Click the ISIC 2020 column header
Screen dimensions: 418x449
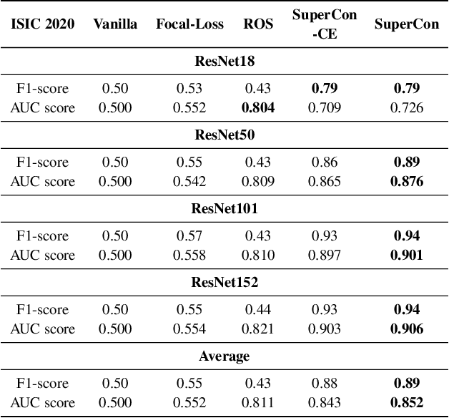(42, 24)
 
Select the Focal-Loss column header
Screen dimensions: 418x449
(189, 24)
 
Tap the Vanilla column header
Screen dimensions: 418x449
(115, 24)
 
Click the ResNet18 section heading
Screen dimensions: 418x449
(224, 61)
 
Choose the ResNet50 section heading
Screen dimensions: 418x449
(224, 135)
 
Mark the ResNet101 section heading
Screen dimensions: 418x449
(224, 208)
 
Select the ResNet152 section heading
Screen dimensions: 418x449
(224, 282)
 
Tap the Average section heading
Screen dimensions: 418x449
(224, 356)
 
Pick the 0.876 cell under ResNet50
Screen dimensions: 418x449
(408, 182)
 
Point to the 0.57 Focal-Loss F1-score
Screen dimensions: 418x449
(189, 236)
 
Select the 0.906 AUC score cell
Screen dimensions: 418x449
(408, 329)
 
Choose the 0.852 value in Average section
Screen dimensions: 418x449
(408, 403)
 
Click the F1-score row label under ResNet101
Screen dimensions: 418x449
(42, 236)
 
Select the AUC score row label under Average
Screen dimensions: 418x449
(42, 403)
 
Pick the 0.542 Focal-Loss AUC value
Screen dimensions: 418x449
(189, 182)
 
